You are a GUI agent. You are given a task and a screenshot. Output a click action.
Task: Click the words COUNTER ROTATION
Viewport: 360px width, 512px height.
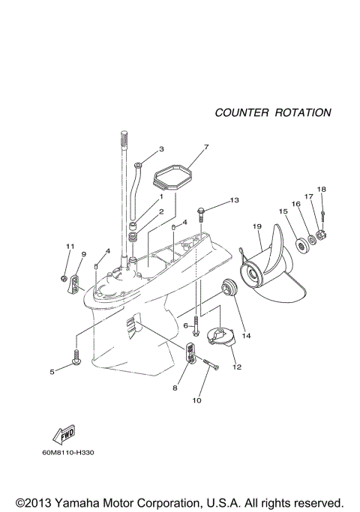[x=273, y=112]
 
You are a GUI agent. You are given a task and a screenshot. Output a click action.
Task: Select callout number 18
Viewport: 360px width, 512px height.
[x=321, y=189]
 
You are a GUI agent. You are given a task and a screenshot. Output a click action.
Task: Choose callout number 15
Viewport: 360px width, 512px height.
[x=283, y=211]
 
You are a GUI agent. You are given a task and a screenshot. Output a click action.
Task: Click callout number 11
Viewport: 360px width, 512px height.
[x=69, y=246]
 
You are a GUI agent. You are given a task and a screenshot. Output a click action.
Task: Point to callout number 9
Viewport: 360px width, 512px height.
[x=83, y=254]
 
